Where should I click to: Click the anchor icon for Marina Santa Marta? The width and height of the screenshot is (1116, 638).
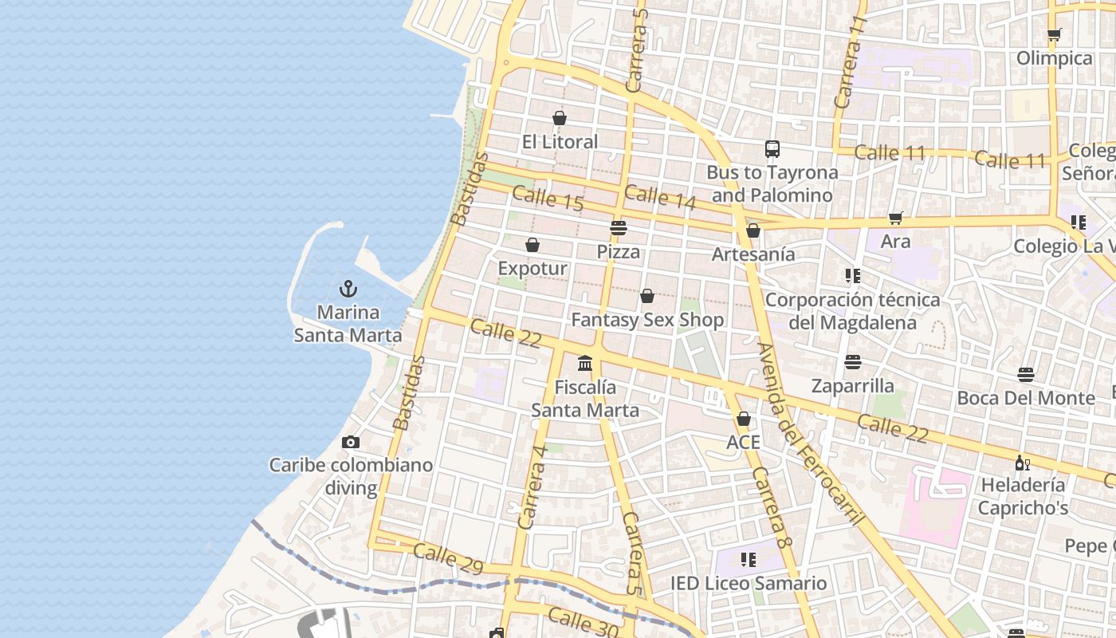tap(348, 289)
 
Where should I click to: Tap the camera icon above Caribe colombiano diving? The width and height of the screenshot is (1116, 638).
tap(350, 442)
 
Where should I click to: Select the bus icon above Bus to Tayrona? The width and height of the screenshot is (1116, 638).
tap(772, 149)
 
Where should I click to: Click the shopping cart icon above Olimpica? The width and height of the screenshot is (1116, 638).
tap(1054, 35)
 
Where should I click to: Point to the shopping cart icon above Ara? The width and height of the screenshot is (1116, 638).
tap(895, 218)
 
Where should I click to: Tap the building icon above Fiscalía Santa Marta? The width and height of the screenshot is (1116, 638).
tap(585, 364)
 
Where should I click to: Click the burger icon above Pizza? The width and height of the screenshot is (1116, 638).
tap(618, 228)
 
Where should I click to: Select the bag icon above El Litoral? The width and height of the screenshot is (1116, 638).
tap(560, 118)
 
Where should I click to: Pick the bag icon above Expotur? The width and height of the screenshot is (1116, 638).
tap(532, 245)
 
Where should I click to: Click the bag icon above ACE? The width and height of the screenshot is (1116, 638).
tap(743, 419)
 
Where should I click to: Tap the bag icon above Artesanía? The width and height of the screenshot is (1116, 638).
tap(753, 230)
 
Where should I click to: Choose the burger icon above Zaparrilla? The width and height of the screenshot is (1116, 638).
tap(852, 362)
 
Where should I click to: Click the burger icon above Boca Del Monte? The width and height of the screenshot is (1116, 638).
tap(1025, 374)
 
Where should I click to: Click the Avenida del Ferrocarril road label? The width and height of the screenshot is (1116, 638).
tap(810, 435)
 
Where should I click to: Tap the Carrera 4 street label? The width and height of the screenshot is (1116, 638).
tap(532, 486)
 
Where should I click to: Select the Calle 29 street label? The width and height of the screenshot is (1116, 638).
tap(448, 558)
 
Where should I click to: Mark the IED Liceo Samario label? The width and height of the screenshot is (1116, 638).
tap(748, 583)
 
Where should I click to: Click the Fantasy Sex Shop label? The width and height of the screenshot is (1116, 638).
tap(647, 321)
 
